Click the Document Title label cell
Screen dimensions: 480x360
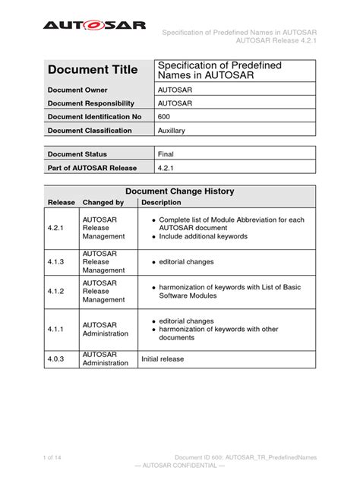coord(93,70)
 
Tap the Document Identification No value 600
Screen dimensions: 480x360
coord(163,116)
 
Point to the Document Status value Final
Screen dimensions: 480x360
coord(166,153)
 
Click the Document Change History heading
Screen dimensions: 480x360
coord(179,191)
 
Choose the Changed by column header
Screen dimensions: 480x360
coord(103,203)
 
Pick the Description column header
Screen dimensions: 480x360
coord(161,203)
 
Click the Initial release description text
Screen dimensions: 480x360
coord(163,358)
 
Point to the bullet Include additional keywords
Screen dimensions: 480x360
coord(203,236)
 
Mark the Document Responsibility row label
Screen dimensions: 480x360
coord(91,103)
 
